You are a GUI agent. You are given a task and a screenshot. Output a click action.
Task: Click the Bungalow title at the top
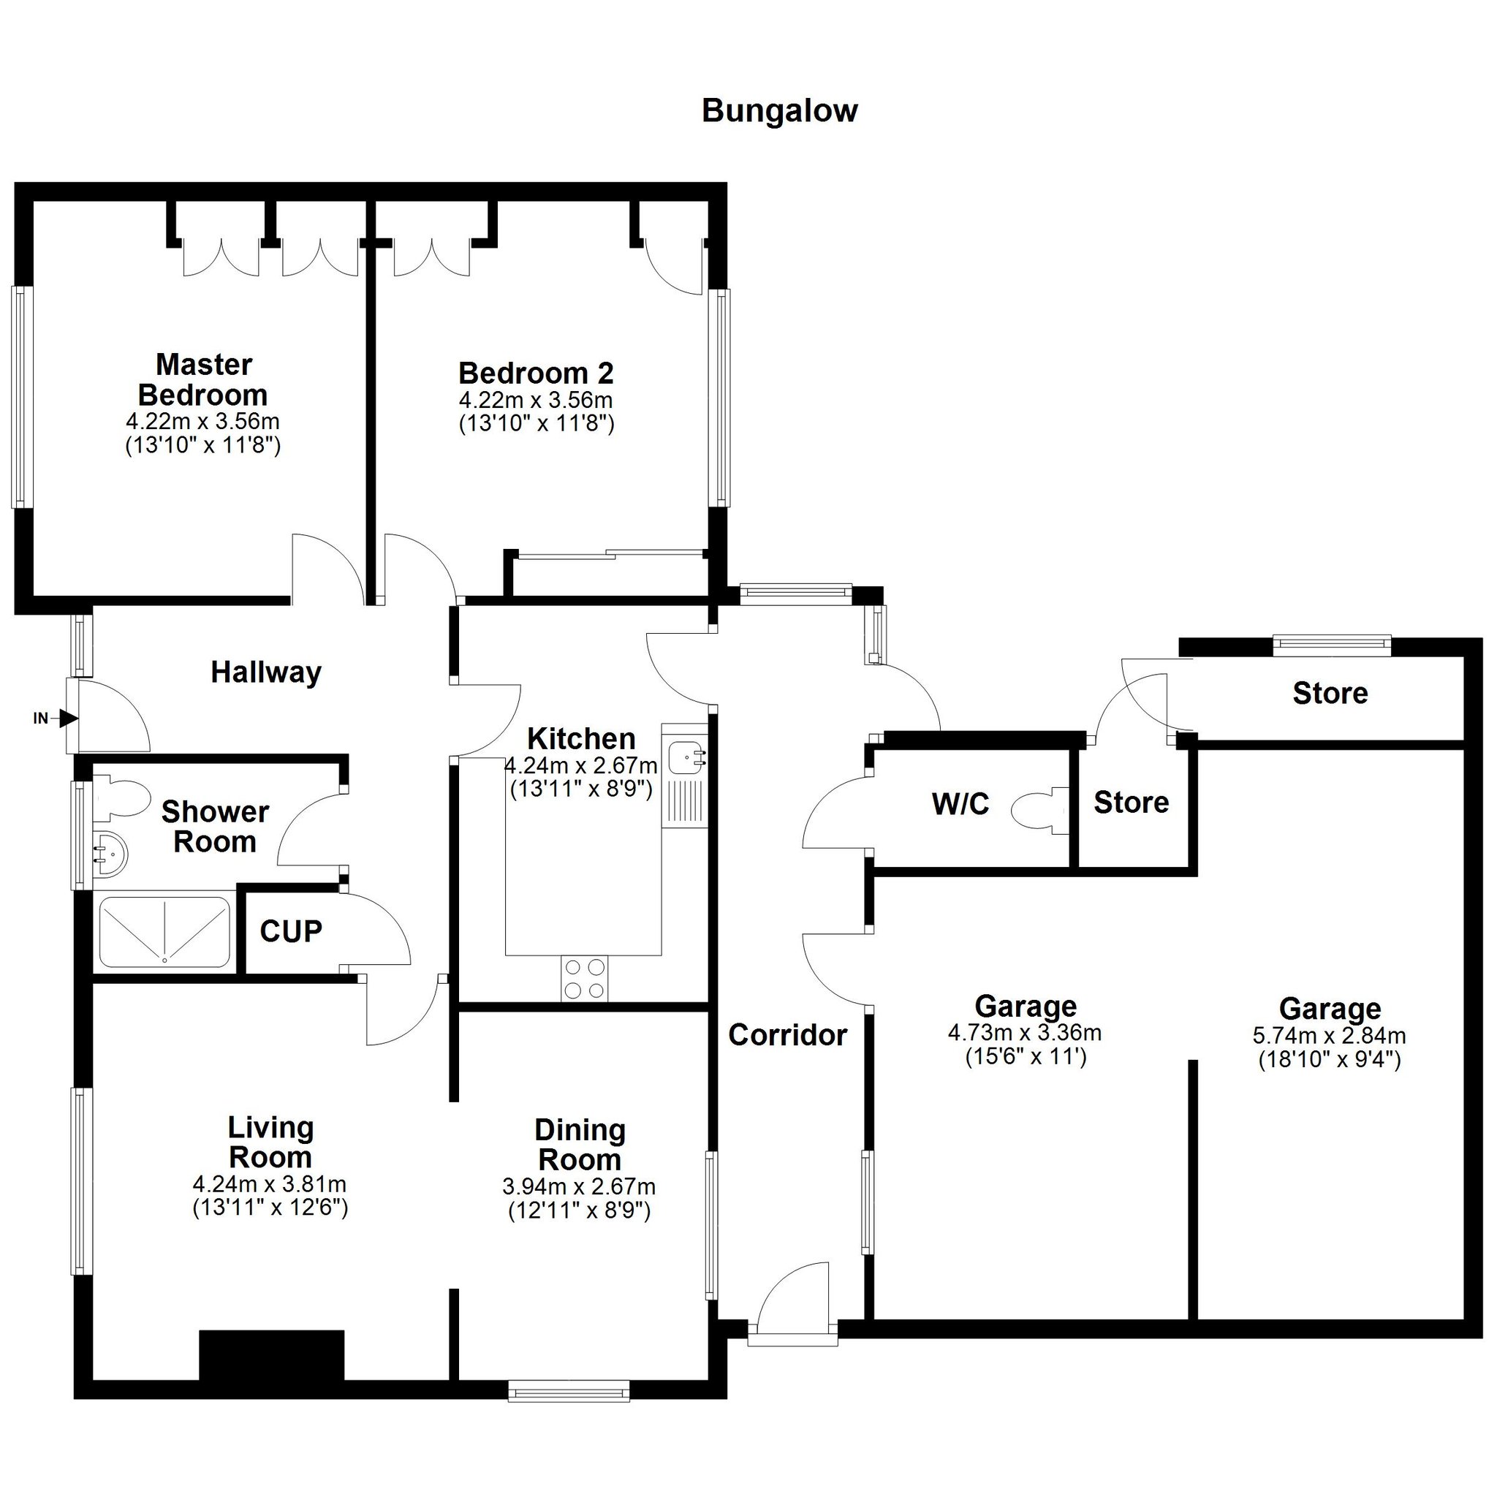[x=779, y=112]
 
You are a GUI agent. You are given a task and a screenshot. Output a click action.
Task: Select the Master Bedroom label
[x=203, y=379]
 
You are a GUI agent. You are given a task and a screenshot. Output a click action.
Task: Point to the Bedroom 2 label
[x=537, y=374]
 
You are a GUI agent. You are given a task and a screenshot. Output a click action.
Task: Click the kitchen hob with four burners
[x=585, y=979]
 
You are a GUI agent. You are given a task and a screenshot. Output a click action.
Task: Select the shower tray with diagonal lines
[x=165, y=931]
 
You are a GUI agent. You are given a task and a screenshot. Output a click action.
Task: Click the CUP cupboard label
[x=291, y=931]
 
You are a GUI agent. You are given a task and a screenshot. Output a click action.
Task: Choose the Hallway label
[x=266, y=672]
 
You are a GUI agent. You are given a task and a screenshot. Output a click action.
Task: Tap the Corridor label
[x=788, y=1035]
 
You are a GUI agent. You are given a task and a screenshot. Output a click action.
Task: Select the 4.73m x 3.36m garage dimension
[x=1024, y=1033]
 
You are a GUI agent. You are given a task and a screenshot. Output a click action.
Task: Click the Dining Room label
[x=580, y=1145]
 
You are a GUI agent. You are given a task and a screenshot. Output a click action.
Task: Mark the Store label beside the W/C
[x=1132, y=803]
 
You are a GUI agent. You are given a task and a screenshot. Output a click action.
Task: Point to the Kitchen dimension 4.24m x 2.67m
[x=581, y=765]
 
